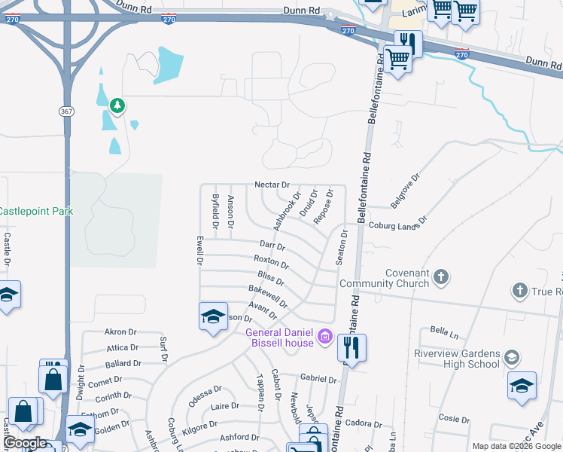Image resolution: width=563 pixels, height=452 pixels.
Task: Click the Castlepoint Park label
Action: pos(37,211)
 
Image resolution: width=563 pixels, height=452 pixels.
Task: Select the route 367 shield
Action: pos(66,111)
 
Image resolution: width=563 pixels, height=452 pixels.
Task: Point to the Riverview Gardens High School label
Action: pos(457,359)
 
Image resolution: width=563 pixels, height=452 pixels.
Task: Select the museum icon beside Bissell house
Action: pos(325,334)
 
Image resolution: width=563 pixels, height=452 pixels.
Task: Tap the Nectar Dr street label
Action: pos(272,185)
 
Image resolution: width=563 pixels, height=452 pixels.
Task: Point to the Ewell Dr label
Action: pos(200,251)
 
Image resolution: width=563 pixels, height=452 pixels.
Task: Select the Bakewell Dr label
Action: pos(268,296)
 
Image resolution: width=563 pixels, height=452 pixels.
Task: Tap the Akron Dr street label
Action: pos(120,331)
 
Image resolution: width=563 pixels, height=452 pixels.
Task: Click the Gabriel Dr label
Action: pos(317,378)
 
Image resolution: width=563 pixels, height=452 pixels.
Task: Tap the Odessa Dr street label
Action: pos(205,396)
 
